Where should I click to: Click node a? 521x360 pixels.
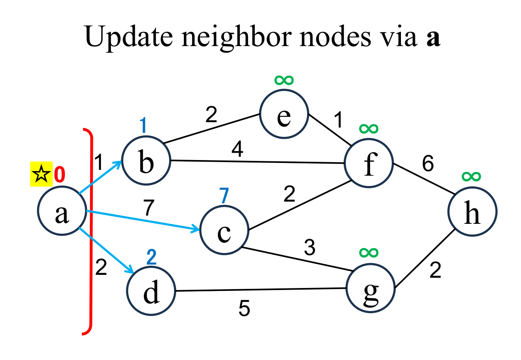coord(62,211)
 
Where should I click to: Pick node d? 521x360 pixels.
coord(151,291)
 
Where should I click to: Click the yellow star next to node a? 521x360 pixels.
coord(41,174)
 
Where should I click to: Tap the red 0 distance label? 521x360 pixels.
coord(60,175)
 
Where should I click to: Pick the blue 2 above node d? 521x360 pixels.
coord(152,258)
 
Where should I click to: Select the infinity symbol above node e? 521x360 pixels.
coord(284,79)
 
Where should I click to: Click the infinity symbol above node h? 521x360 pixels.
coord(471,177)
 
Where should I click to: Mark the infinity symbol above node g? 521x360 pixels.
coord(368,252)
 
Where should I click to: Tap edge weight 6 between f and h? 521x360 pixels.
coord(427,165)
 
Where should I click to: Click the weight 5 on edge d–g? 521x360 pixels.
coord(244,309)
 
